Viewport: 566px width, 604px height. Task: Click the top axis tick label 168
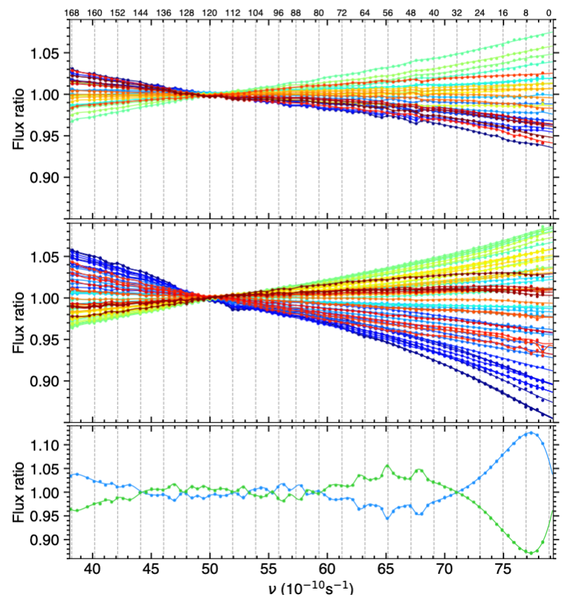click(x=70, y=13)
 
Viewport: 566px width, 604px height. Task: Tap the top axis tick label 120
click(x=209, y=13)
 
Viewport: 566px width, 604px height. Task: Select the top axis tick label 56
click(x=387, y=13)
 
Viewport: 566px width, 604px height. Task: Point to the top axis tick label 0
click(x=549, y=13)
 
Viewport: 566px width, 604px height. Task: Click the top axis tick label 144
click(x=140, y=13)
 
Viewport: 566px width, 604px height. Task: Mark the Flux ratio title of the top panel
click(x=20, y=114)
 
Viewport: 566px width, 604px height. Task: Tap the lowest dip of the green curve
click(x=532, y=553)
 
